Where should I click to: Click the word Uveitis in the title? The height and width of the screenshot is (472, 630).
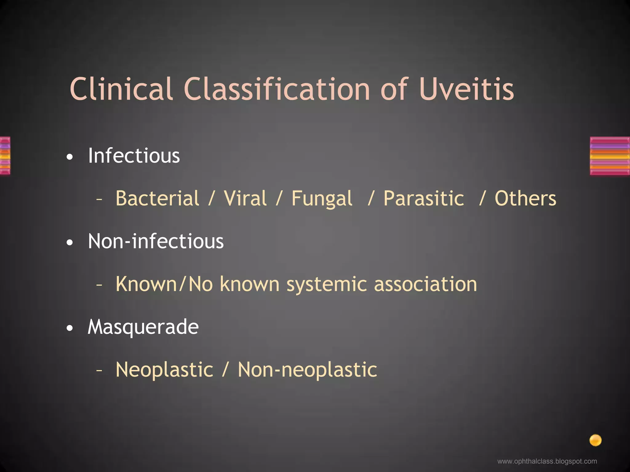point(466,89)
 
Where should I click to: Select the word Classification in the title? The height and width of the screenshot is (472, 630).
point(277,89)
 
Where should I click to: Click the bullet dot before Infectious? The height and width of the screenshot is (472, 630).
point(70,157)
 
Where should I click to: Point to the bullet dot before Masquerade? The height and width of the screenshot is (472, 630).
point(70,328)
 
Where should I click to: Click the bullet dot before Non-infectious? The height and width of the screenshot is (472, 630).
point(70,243)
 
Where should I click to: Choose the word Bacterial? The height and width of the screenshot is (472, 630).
point(157,198)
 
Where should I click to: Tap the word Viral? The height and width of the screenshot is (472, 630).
point(245,198)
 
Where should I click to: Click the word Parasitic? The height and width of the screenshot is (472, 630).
point(424,198)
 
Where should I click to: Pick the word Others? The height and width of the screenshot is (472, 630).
point(525,198)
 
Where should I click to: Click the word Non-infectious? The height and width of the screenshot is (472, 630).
point(156,241)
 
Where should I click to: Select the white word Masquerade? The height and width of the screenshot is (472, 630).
point(143,327)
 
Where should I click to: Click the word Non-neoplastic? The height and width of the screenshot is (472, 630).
point(307,370)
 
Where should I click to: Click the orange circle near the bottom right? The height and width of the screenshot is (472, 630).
point(595,440)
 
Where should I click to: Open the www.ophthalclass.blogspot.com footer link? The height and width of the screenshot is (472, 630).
point(547,461)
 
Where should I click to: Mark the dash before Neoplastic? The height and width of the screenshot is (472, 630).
point(99,371)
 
